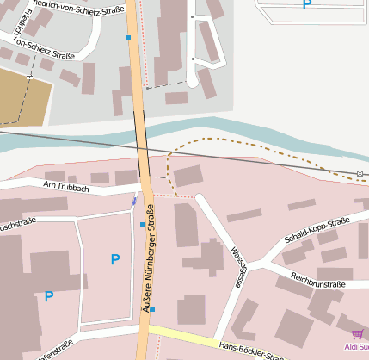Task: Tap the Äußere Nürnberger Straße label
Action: click(148, 258)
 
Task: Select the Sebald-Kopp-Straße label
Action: click(316, 231)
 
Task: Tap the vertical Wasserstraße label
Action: click(237, 266)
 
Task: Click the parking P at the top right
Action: click(306, 4)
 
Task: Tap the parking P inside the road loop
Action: click(114, 259)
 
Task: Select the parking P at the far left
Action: click(49, 296)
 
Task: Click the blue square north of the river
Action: click(128, 38)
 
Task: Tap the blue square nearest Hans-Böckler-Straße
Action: click(152, 308)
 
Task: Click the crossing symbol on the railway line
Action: click(360, 174)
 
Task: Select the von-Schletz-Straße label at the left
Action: click(38, 48)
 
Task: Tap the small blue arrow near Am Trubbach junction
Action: click(133, 202)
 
